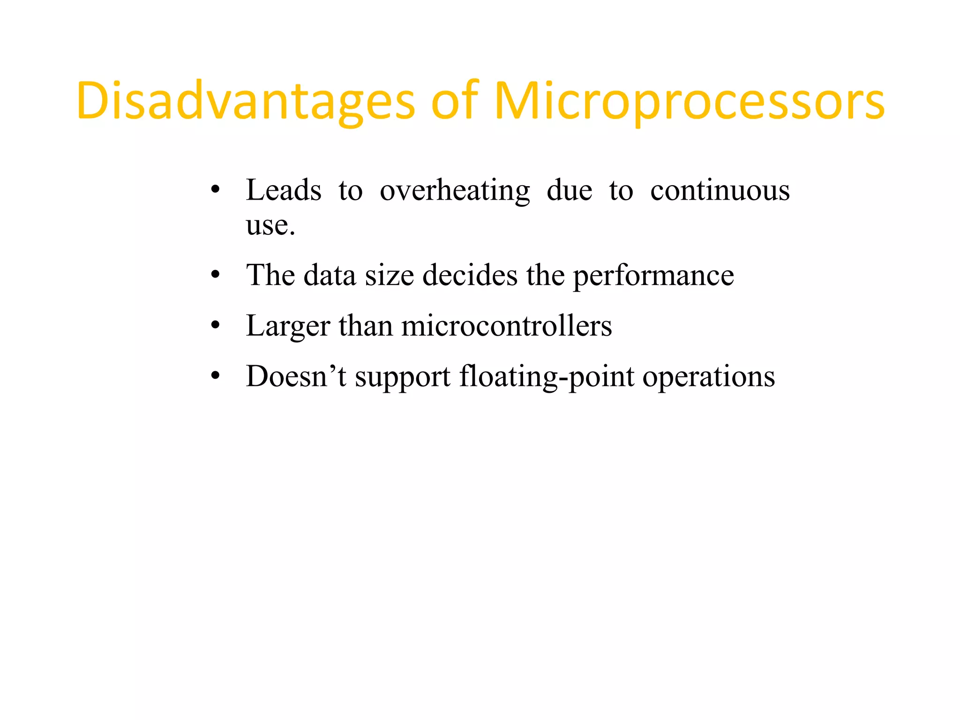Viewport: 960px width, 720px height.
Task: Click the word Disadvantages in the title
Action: coord(246,101)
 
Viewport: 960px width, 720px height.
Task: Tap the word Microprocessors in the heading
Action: coord(689,101)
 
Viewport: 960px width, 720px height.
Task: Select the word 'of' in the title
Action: coord(454,101)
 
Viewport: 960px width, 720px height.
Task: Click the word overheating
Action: coord(454,191)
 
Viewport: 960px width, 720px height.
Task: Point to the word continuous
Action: coord(720,191)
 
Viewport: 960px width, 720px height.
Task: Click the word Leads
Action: coord(284,190)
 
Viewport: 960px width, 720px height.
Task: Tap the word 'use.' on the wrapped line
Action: coord(270,226)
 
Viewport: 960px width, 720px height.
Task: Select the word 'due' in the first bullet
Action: coord(569,190)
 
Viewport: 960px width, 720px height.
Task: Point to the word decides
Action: coord(470,275)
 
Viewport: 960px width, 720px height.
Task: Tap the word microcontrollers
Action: coord(506,326)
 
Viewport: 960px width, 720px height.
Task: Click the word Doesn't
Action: coord(296,376)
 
